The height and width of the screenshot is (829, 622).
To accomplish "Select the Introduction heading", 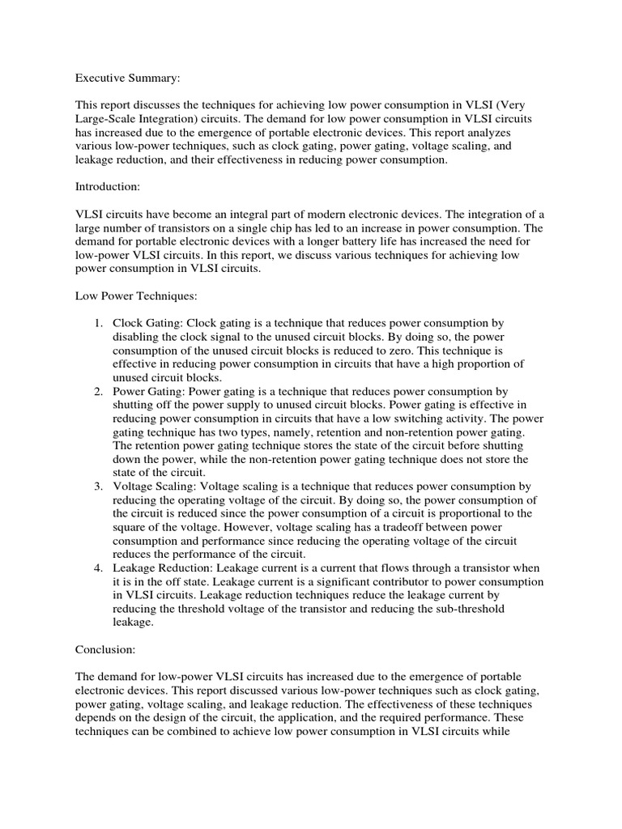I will click(108, 186).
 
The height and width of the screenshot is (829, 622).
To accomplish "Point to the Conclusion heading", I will click(105, 648).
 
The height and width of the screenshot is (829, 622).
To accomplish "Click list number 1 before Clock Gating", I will click(97, 323).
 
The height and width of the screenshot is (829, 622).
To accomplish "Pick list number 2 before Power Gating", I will click(97, 391).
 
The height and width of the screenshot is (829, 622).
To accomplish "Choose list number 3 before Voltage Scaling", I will click(97, 487).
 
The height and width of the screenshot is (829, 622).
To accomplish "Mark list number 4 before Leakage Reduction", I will click(97, 568).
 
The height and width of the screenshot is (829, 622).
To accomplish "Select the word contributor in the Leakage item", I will click(386, 582).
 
